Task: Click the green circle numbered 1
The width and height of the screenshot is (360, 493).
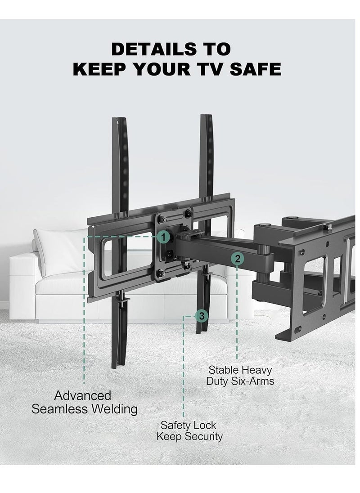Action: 164,235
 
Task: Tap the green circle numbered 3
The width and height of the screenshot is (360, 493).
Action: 202,316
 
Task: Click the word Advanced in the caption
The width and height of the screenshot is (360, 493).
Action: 83,396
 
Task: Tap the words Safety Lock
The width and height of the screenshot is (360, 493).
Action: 189,425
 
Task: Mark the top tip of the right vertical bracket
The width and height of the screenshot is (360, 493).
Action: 206,116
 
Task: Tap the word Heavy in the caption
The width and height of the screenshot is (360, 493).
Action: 256,370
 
